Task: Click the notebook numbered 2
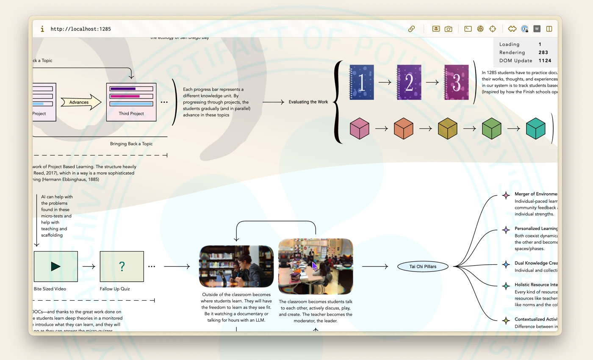409,82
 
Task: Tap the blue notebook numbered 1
361,82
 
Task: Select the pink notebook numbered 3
456,82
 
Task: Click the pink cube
359,128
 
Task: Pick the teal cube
535,128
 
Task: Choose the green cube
491,128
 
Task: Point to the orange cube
403,128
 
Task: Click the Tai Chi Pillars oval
423,266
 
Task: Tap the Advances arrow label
80,102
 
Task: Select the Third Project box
131,102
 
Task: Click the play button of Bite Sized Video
55,266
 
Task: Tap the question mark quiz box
122,266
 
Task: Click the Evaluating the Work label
308,102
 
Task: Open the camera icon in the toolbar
448,29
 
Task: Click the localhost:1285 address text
80,29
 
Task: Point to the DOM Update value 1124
545,61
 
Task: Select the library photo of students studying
236,266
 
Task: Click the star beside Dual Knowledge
506,264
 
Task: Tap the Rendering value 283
543,53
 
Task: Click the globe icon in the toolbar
480,29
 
